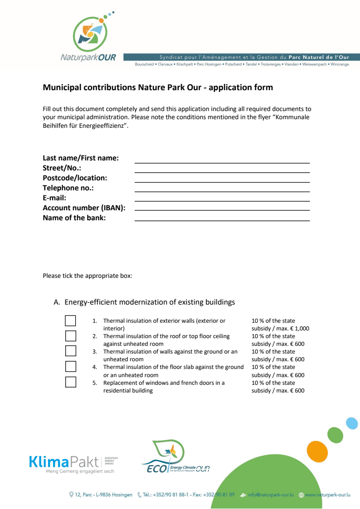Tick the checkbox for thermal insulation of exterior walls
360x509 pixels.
click(70, 321)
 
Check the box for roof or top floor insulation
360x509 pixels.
click(70, 336)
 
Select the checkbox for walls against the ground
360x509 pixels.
click(70, 351)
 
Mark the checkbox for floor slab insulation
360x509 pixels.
click(70, 366)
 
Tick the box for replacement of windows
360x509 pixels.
click(70, 382)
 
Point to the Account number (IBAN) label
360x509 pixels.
click(84, 208)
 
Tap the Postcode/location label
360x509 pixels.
click(75, 178)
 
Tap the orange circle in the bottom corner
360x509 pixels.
click(317, 451)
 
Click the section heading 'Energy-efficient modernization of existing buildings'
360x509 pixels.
click(150, 302)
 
